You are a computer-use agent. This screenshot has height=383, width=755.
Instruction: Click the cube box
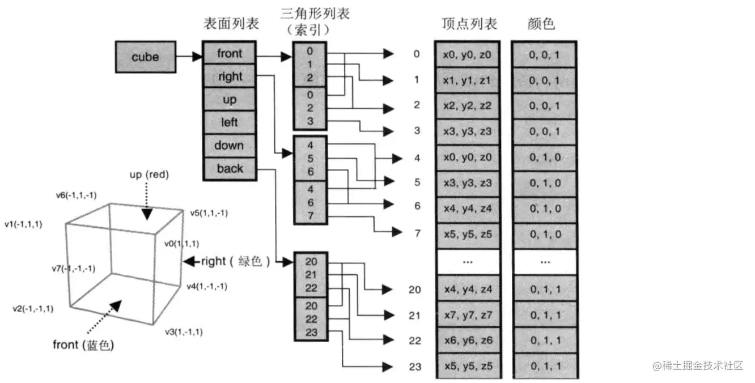145,57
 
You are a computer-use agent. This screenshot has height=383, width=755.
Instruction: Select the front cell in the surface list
230,54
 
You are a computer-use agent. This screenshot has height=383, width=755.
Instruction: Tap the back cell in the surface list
230,168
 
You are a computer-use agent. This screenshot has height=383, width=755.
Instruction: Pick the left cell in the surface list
230,122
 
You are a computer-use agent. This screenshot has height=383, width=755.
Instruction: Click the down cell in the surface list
230,146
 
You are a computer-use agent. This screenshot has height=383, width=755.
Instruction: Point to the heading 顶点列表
469,24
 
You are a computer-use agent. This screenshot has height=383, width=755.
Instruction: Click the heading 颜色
541,24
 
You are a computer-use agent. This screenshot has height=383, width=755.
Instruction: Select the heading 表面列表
231,24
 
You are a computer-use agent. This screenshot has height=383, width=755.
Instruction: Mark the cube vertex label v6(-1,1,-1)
76,195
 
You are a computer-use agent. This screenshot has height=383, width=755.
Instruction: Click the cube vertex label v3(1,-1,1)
184,331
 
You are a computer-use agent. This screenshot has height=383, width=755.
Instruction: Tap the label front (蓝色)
83,344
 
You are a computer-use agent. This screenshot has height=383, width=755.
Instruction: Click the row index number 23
415,367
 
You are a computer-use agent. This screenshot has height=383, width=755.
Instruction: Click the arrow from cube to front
189,57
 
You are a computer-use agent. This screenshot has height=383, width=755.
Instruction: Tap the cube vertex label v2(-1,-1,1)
33,309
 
